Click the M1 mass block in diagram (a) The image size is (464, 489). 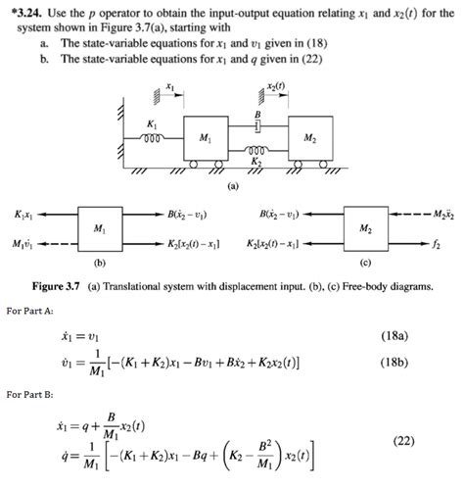(x=203, y=138)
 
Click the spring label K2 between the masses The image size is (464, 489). (x=255, y=159)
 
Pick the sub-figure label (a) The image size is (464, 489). (x=232, y=183)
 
